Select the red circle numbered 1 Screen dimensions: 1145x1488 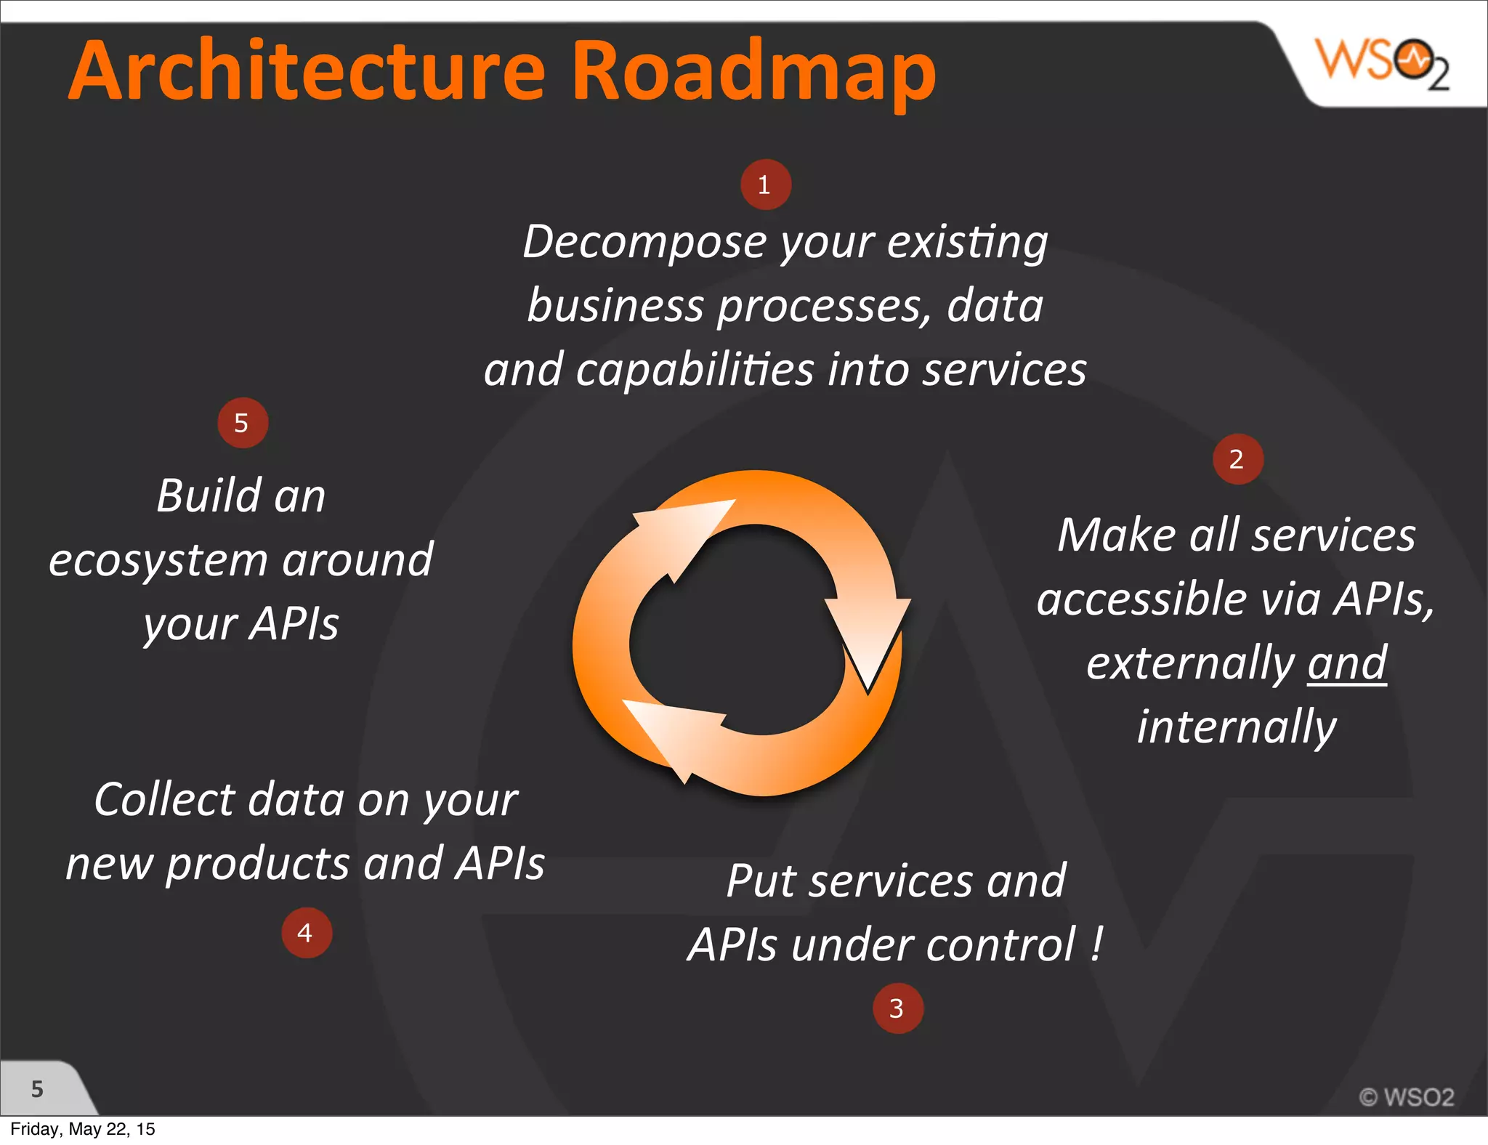point(765,185)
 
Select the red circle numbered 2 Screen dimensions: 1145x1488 point(1237,459)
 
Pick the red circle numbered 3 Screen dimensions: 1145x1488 point(897,1008)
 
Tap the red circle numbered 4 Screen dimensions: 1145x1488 point(306,933)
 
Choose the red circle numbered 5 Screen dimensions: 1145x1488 point(243,423)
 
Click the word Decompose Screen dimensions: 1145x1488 point(644,242)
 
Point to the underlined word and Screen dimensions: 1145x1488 point(1347,663)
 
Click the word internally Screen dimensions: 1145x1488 point(1237,727)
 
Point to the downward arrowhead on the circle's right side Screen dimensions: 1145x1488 point(869,639)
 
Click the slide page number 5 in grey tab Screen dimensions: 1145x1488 point(37,1088)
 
